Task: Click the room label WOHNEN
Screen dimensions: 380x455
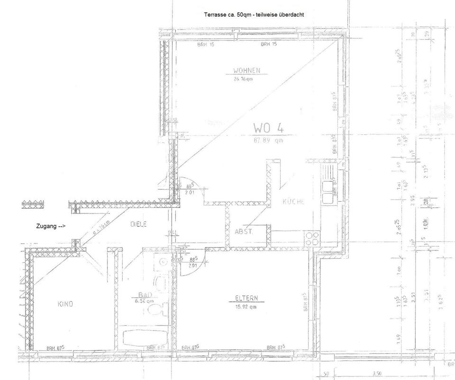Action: [x=246, y=71]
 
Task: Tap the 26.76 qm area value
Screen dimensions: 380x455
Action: [x=243, y=79]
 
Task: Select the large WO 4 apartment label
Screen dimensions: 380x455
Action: [x=268, y=128]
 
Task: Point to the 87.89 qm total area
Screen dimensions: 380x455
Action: [x=268, y=140]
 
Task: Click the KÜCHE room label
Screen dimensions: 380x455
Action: [x=293, y=202]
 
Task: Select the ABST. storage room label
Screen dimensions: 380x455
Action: [x=244, y=232]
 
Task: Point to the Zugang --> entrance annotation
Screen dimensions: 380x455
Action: [x=51, y=226]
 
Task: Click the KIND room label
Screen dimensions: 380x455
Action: [x=65, y=304]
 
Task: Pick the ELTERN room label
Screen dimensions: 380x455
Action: [x=246, y=298]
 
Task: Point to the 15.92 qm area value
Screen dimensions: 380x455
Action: [x=246, y=307]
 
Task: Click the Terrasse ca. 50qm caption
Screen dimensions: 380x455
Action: [x=254, y=15]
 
